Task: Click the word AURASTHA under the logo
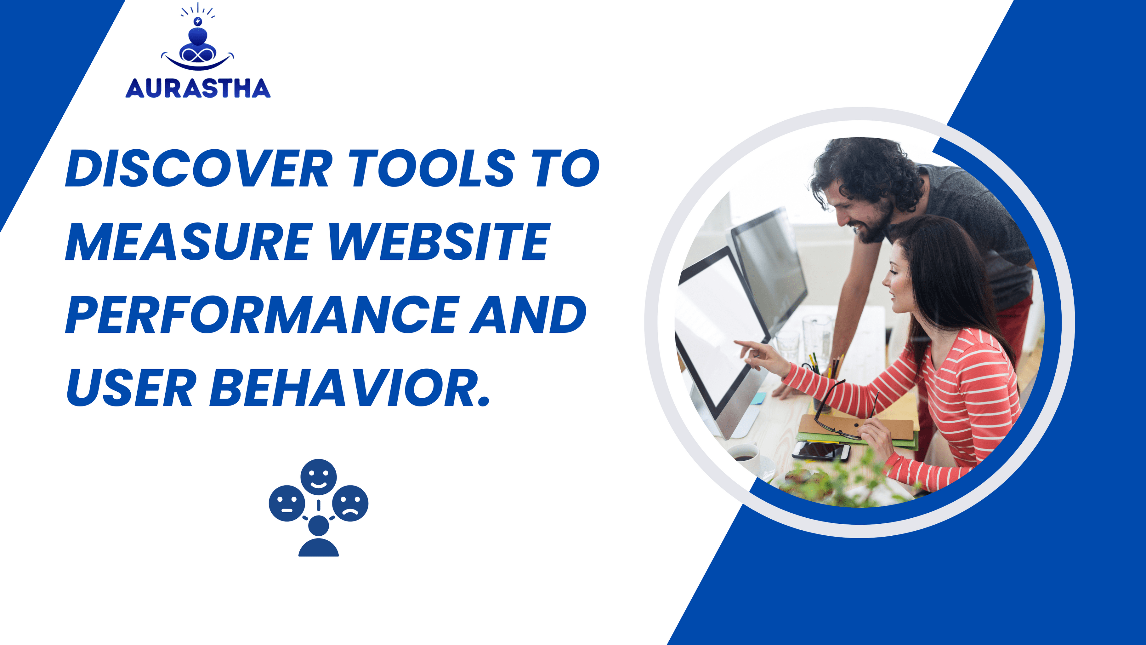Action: coord(198,88)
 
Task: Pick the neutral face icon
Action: coord(287,504)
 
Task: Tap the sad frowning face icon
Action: coord(350,504)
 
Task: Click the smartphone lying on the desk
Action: coord(821,451)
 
